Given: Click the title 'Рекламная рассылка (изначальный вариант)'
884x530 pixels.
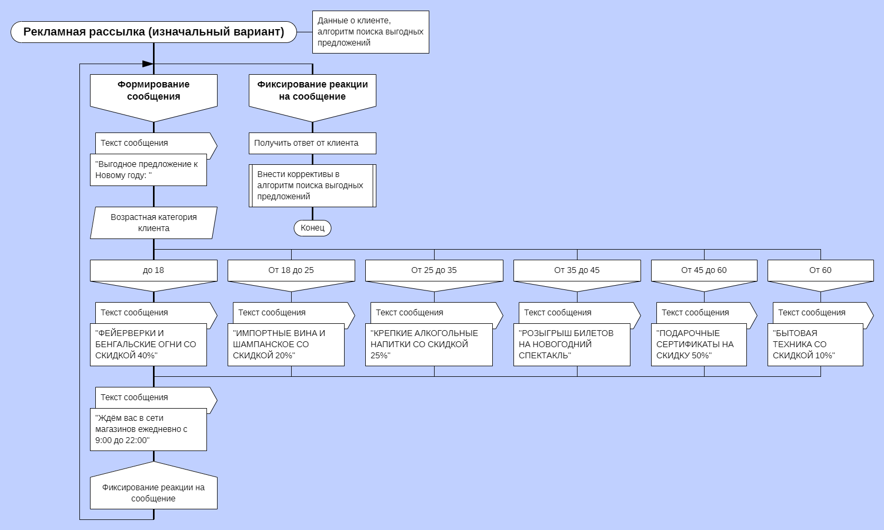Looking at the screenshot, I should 154,32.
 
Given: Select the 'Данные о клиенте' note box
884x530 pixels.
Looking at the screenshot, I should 371,32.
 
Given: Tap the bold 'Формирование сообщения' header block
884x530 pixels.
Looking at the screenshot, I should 154,91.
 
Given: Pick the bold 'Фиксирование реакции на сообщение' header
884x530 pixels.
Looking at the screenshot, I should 312,91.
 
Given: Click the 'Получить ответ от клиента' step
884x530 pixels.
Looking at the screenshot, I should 312,143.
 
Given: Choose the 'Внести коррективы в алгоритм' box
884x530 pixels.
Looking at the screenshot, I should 312,185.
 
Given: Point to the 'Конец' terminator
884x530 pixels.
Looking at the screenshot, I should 312,228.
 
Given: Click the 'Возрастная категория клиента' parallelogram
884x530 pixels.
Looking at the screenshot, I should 154,223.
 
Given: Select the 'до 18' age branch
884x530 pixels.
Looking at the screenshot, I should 154,271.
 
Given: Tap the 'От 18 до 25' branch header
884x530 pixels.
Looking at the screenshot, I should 291,271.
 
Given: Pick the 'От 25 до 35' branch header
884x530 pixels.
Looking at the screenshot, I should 434,271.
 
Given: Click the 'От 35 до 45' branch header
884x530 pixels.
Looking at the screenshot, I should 577,271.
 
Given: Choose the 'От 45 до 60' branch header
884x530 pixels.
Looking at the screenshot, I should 704,271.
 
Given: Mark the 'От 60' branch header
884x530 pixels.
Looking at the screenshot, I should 820,271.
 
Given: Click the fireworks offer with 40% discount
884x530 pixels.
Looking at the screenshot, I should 148,344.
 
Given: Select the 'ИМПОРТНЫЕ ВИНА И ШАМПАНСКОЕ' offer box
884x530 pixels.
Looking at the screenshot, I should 286,344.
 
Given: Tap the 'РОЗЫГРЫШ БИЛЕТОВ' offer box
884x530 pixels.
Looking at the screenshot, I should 572,344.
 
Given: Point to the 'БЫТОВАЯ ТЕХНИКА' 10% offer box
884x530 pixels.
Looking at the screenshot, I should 815,344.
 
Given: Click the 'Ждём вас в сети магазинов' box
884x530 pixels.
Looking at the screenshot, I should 148,429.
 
